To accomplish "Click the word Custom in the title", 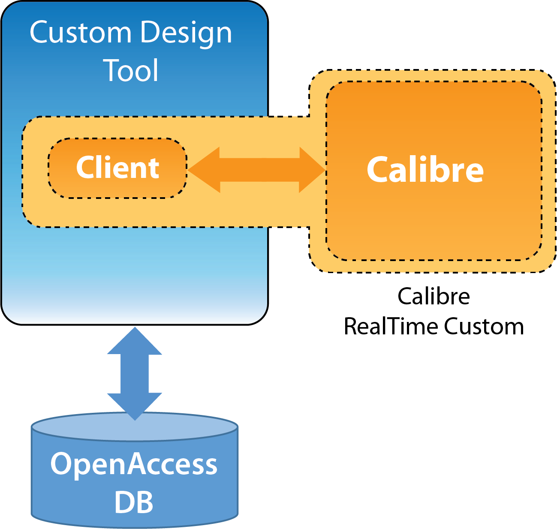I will [x=80, y=33].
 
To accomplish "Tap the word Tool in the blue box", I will [x=131, y=70].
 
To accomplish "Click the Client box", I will [x=117, y=168].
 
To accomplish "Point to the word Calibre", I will [x=425, y=170].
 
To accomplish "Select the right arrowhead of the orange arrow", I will [x=312, y=170].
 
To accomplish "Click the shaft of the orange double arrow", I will [x=259, y=170].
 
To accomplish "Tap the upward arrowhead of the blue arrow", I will [x=135, y=342].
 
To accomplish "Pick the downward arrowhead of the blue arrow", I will [x=135, y=406].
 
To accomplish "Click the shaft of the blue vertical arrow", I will [x=135, y=373].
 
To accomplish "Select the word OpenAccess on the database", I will [x=134, y=464].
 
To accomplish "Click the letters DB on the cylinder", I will [x=134, y=502].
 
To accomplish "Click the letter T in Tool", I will [x=112, y=70].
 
